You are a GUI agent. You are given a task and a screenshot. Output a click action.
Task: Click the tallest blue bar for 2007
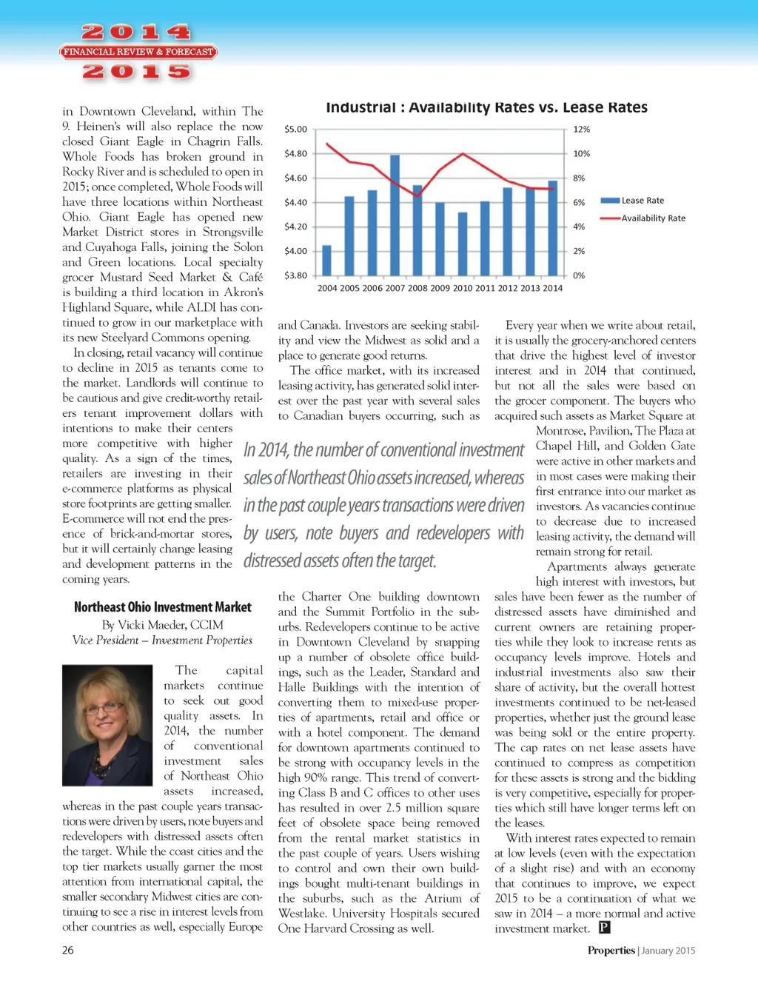click(395, 215)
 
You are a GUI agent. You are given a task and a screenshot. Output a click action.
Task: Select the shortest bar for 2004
click(326, 260)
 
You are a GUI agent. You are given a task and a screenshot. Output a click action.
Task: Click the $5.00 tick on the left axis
click(295, 130)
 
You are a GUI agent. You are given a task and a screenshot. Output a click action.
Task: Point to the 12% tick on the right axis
click(582, 130)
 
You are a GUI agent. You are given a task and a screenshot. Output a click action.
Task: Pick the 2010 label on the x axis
click(463, 288)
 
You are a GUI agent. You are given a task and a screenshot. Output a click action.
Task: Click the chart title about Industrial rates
click(486, 108)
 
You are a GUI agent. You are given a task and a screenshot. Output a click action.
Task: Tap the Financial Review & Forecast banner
click(138, 52)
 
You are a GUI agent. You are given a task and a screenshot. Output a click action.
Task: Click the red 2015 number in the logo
click(137, 72)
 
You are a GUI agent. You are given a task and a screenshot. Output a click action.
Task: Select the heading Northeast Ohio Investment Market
click(162, 607)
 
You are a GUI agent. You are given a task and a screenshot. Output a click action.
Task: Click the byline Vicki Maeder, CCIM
click(162, 625)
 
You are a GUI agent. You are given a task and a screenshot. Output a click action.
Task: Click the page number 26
click(68, 951)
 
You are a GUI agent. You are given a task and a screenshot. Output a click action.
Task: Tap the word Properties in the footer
click(611, 951)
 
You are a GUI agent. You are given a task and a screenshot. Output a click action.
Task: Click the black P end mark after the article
click(604, 928)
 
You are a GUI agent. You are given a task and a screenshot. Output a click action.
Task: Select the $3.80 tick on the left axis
click(295, 275)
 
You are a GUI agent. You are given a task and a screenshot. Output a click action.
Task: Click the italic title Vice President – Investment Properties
click(162, 640)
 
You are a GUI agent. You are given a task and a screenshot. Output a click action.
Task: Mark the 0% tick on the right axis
click(579, 275)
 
